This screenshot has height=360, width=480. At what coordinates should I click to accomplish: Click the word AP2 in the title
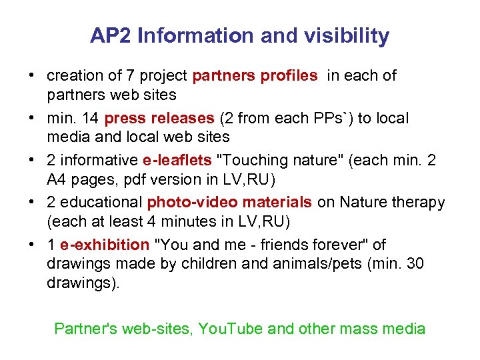(111, 36)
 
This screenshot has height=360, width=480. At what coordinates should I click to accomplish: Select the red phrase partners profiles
(255, 76)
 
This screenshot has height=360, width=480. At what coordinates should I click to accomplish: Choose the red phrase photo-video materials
(229, 203)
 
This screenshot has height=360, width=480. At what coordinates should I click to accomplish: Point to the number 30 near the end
(415, 263)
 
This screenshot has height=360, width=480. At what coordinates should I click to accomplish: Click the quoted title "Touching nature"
(273, 161)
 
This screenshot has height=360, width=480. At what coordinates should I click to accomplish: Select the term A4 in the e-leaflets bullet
(57, 179)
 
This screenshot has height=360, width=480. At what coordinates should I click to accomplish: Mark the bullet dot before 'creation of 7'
(32, 76)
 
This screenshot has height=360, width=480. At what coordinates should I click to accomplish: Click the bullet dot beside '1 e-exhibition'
(32, 245)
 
